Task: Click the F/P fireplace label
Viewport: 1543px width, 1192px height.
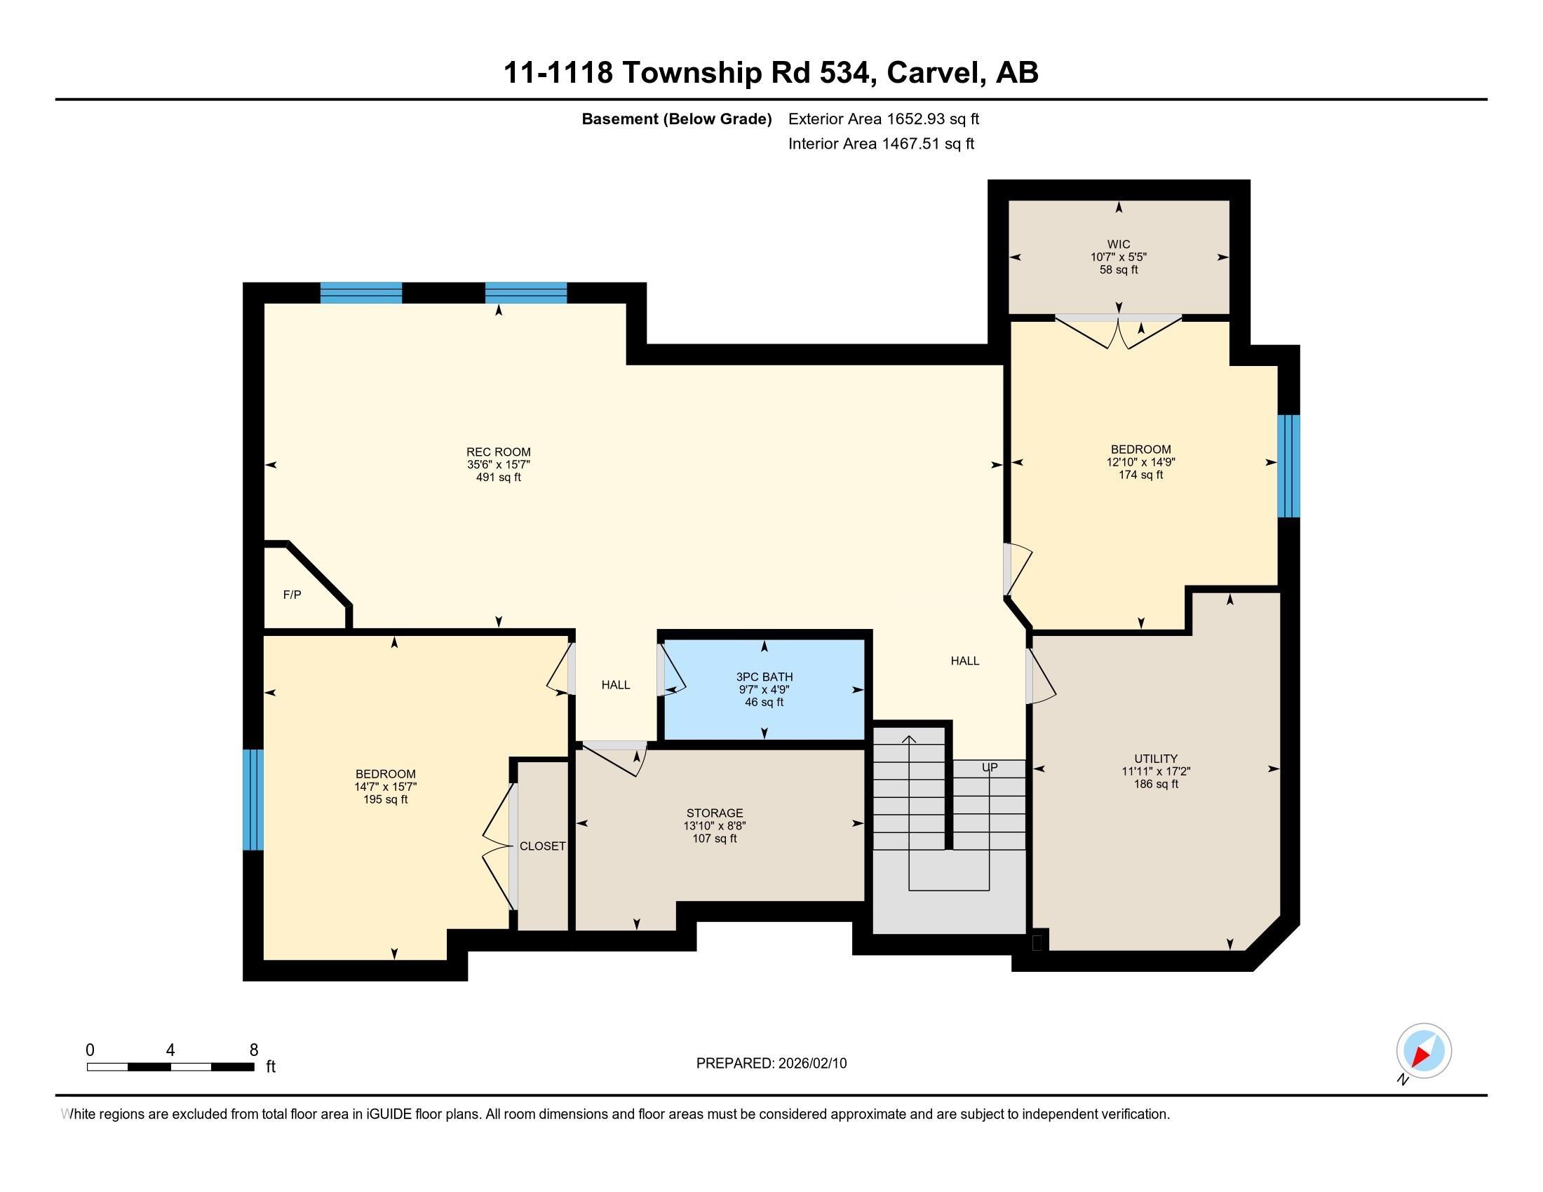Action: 292,595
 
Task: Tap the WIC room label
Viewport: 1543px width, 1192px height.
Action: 1119,244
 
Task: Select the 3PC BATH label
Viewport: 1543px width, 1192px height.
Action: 764,677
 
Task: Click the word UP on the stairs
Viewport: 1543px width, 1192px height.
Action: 989,767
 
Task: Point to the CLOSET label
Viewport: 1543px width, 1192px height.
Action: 543,846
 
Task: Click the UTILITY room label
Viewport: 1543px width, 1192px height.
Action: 1156,759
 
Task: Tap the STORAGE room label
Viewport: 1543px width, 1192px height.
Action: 714,813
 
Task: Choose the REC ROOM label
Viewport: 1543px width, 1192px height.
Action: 498,452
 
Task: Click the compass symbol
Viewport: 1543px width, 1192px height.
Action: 1423,1050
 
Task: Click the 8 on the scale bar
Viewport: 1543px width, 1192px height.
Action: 254,1050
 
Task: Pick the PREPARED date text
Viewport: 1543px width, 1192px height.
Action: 771,1063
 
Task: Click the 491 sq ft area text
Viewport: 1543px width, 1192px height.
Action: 498,478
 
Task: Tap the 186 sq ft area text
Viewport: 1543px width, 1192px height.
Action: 1156,784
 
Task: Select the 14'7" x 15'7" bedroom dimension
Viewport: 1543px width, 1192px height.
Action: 385,787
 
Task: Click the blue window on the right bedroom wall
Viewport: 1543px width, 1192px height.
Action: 1288,466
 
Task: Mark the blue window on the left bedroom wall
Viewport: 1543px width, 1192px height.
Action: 253,799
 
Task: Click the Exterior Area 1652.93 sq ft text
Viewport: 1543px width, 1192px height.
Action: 883,118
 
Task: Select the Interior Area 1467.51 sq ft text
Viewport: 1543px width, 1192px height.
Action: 881,144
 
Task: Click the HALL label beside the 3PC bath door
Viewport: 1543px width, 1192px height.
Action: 615,684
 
